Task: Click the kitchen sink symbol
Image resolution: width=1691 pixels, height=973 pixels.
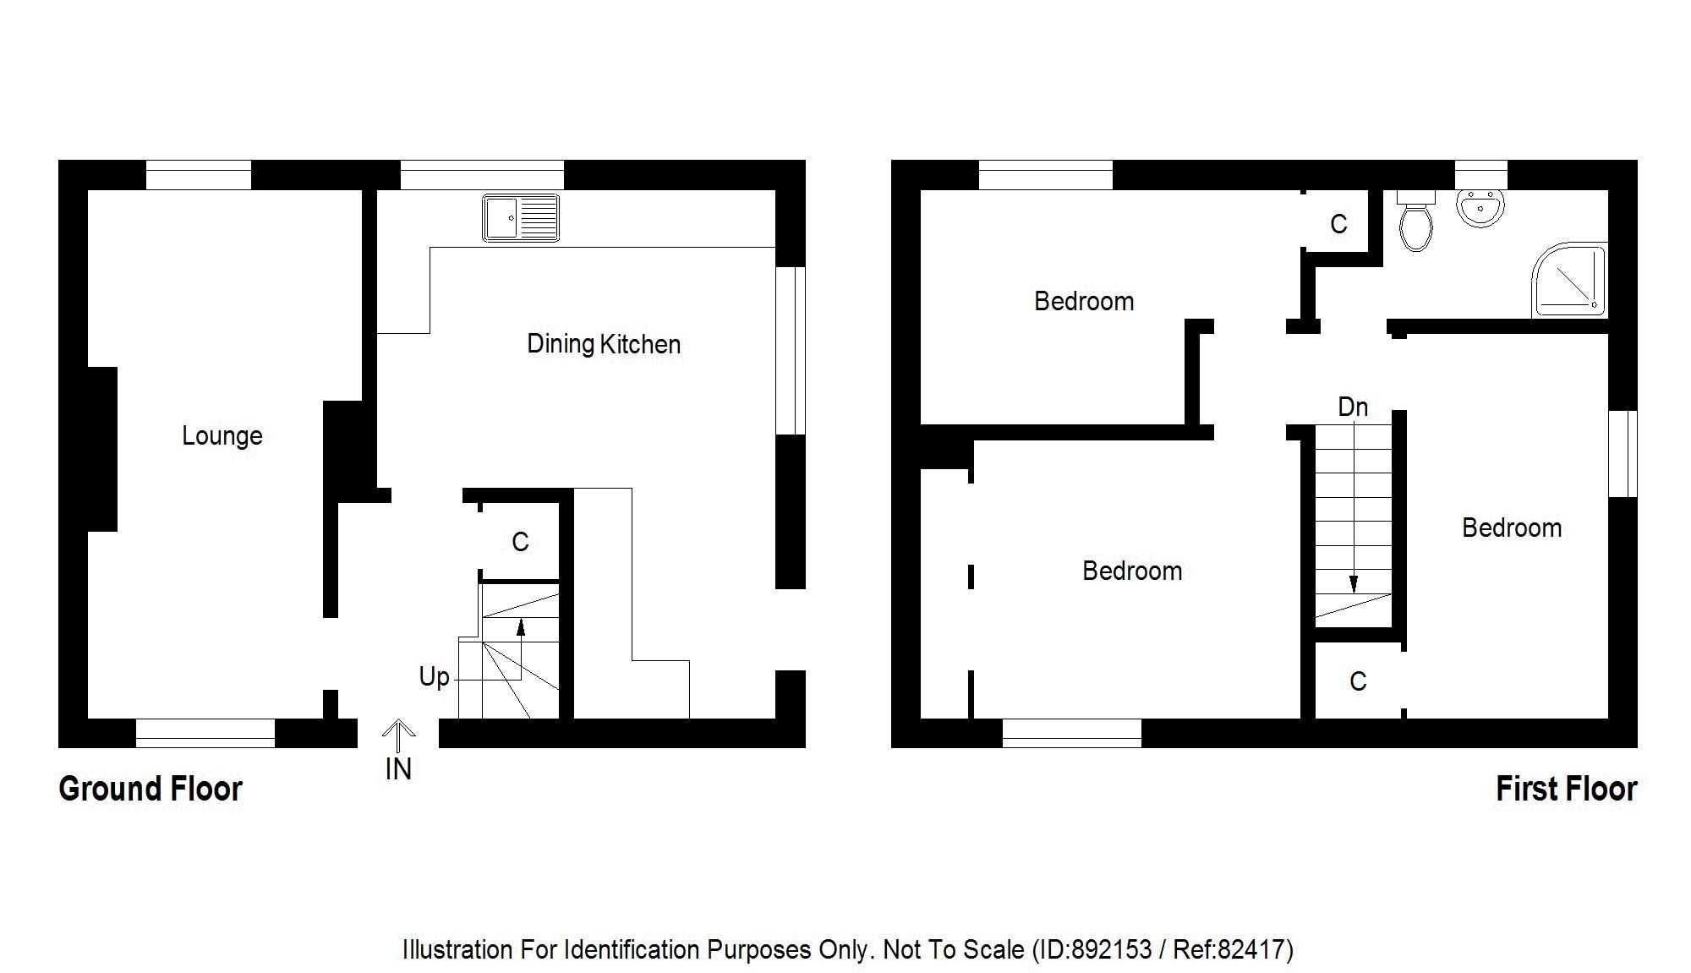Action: click(520, 217)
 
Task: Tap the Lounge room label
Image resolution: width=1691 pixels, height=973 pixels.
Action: click(222, 436)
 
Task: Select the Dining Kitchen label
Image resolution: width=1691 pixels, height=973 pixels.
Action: click(604, 344)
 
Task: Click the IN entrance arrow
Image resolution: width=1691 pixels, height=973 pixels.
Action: click(398, 735)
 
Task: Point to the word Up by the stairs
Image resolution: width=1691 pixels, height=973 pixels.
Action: click(435, 676)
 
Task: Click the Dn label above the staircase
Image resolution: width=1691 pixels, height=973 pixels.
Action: click(1353, 407)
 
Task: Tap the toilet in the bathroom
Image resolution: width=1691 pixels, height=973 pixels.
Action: click(1415, 222)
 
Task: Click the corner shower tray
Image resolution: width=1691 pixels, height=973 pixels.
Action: click(1569, 280)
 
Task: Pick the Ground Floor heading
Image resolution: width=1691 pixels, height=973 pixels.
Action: click(150, 789)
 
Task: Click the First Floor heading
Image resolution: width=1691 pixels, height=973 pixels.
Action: click(1566, 789)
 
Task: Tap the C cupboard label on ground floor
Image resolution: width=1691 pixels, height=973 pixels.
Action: click(520, 542)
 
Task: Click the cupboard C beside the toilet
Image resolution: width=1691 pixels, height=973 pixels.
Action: click(1338, 224)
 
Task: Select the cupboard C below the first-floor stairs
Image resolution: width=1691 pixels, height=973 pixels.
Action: click(1358, 681)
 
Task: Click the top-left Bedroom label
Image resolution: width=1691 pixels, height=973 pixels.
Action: click(1084, 301)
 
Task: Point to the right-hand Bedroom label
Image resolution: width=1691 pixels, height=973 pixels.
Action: click(1512, 527)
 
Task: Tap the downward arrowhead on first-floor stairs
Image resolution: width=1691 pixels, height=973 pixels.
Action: click(1354, 584)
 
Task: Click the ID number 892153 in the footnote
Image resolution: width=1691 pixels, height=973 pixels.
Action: click(1111, 950)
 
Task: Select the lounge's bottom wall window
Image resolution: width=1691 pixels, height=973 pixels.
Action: click(205, 733)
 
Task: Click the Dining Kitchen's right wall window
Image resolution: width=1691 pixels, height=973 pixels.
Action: click(791, 351)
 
